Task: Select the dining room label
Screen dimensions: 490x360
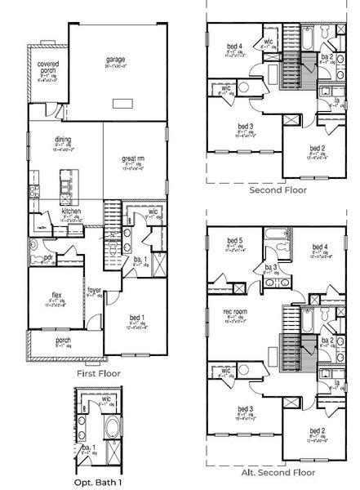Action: pyautogui.click(x=63, y=139)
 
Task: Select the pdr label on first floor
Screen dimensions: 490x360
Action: pyautogui.click(x=48, y=256)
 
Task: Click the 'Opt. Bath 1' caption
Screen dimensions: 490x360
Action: pyautogui.click(x=99, y=481)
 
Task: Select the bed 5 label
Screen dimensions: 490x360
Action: pyautogui.click(x=234, y=240)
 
